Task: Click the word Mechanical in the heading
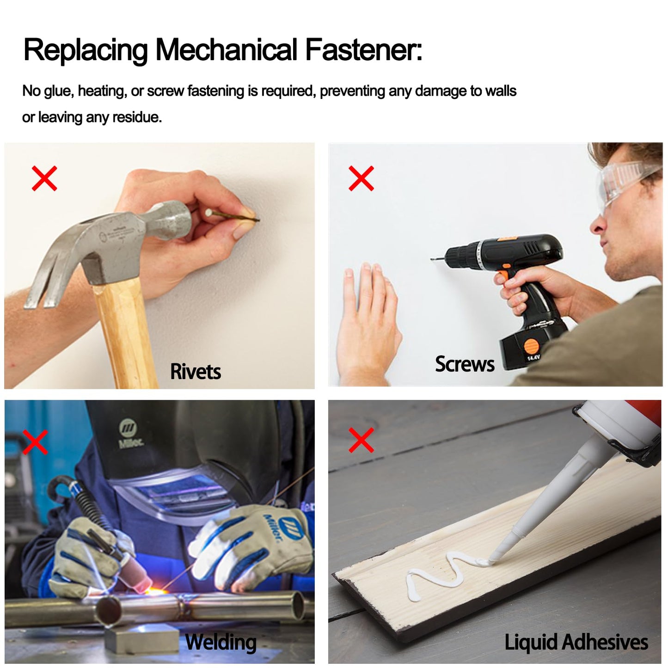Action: pyautogui.click(x=227, y=49)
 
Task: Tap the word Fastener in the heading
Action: pyautogui.click(x=364, y=49)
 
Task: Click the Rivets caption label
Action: pyautogui.click(x=196, y=372)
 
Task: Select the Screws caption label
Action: pyautogui.click(x=465, y=364)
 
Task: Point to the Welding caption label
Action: pyautogui.click(x=221, y=642)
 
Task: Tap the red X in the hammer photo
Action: pyautogui.click(x=44, y=178)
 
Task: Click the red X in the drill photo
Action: pyautogui.click(x=361, y=178)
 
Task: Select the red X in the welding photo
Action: pyautogui.click(x=35, y=442)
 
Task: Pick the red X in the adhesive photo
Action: pyautogui.click(x=361, y=440)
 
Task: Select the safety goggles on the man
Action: pyautogui.click(x=624, y=180)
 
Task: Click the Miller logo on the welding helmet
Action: pyautogui.click(x=128, y=433)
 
